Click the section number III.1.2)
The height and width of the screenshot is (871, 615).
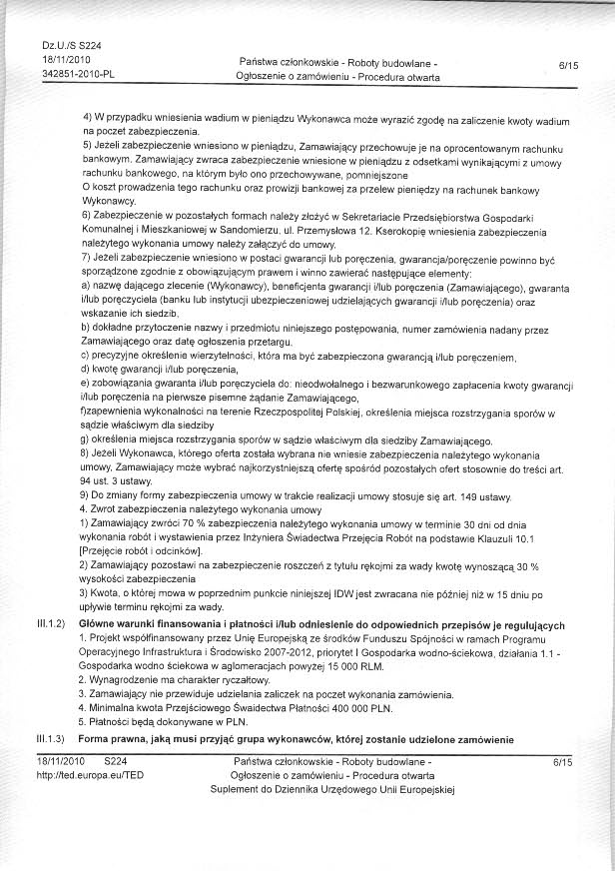click(x=49, y=624)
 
